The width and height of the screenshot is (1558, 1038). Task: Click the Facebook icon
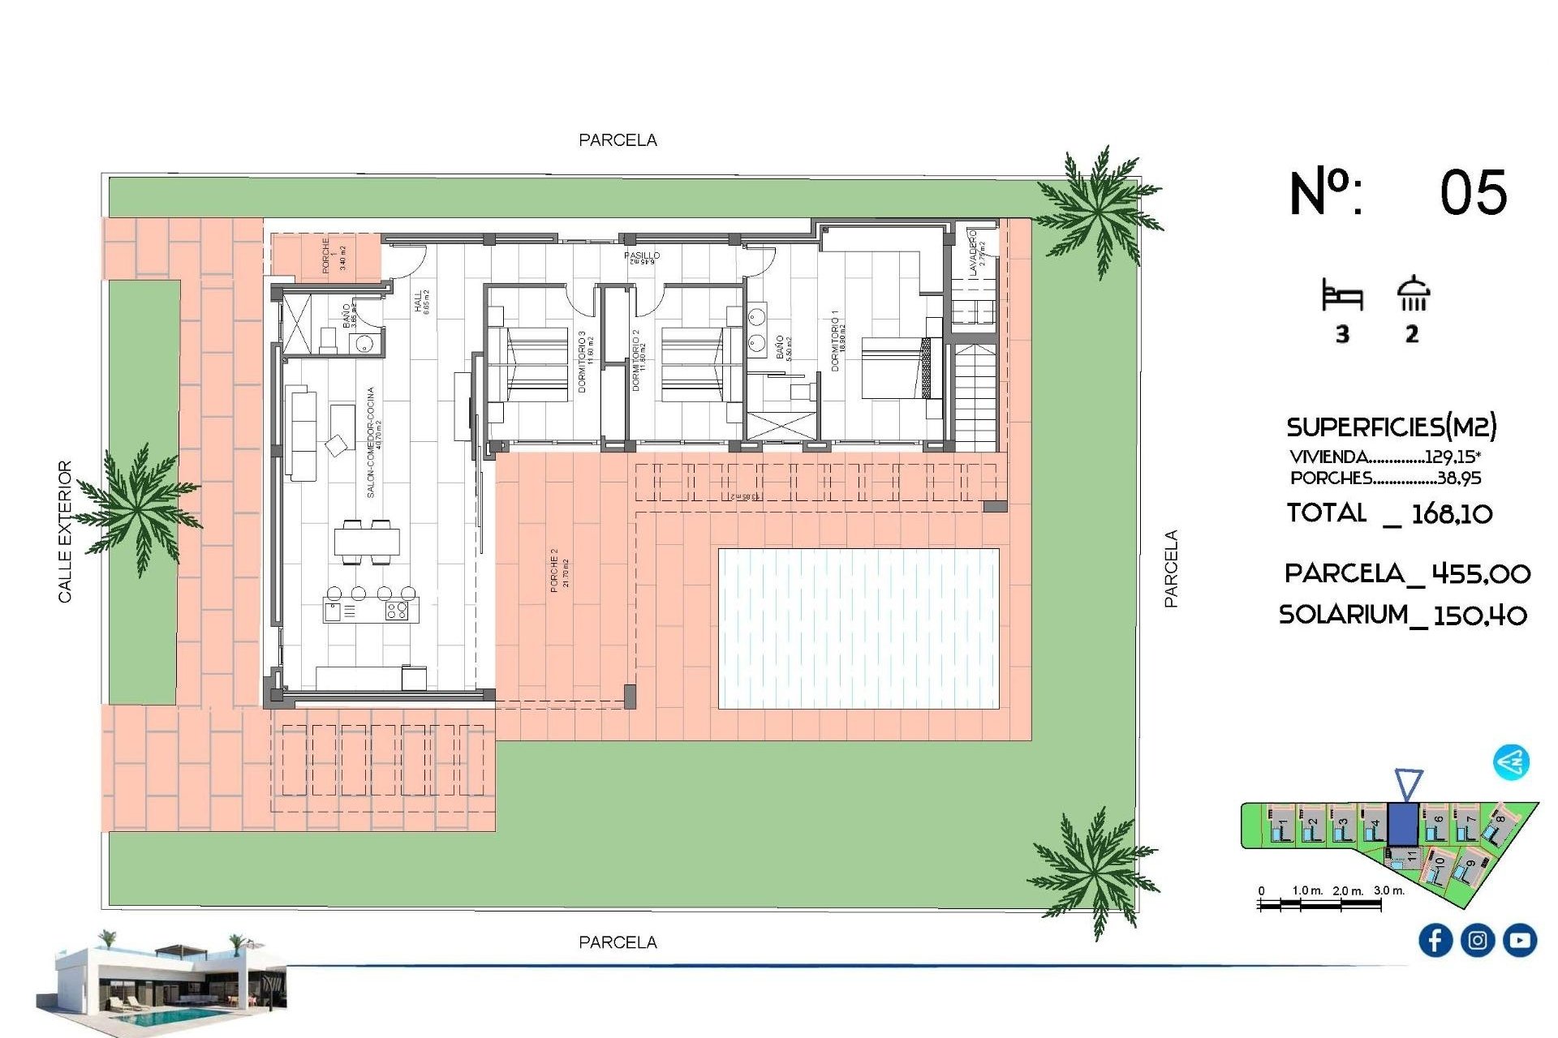[x=1435, y=940]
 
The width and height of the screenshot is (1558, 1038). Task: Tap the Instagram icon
[x=1477, y=940]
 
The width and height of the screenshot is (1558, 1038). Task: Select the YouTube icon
[x=1519, y=940]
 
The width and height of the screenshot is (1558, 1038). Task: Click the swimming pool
[x=859, y=628]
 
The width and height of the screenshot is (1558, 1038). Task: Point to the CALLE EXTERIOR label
[x=65, y=531]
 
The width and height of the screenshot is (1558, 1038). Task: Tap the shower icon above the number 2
[x=1413, y=294]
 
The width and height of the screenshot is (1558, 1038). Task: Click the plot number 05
[x=1473, y=193]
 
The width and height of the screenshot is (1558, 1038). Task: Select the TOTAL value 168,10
[x=1452, y=513]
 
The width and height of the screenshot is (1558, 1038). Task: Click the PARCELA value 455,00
[x=1480, y=574]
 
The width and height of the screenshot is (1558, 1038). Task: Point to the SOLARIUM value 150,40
[x=1479, y=615]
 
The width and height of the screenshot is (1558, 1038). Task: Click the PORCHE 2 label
[x=554, y=569]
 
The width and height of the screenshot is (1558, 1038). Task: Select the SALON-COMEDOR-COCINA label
[x=371, y=442]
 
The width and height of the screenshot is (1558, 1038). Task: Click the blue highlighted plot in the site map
[x=1402, y=824]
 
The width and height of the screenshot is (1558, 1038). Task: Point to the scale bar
[x=1319, y=903]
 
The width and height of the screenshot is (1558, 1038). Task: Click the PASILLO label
[x=641, y=255]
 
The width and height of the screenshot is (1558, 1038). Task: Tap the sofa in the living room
[x=303, y=435]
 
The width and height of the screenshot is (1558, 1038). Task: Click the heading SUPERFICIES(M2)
[x=1391, y=427]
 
